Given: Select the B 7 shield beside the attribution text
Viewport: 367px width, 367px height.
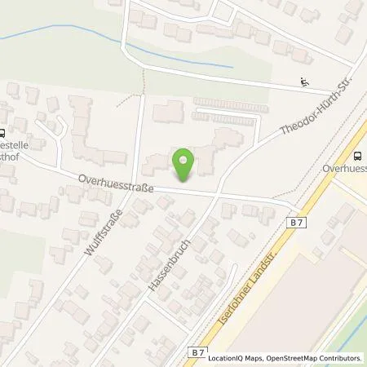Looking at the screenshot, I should click(x=197, y=352).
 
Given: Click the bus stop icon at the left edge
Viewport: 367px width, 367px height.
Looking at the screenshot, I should click(x=3, y=134).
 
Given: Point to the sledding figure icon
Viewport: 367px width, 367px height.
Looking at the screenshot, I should click(x=304, y=82).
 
